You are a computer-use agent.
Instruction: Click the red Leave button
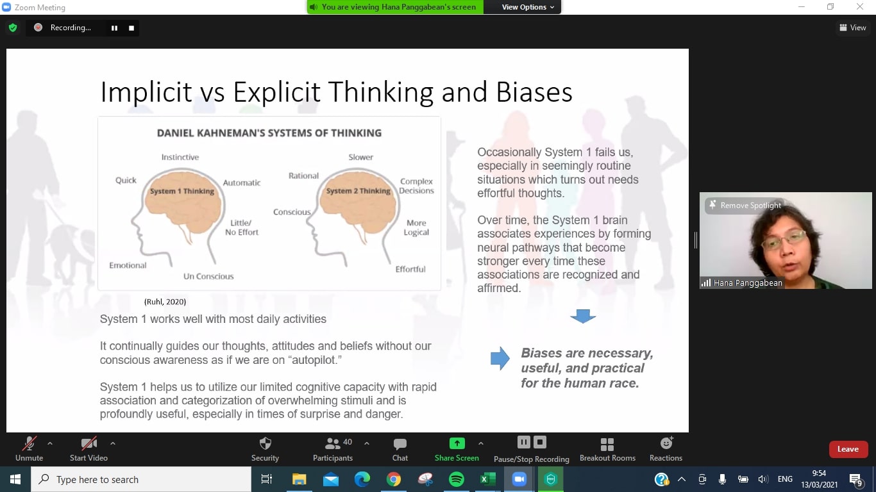(x=848, y=449)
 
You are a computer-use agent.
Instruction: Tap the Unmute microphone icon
(x=29, y=443)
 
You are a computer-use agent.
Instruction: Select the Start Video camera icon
(x=88, y=443)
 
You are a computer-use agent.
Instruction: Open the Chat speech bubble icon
(x=400, y=444)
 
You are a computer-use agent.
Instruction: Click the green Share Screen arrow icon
(x=457, y=443)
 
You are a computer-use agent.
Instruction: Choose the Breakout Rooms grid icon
(x=607, y=444)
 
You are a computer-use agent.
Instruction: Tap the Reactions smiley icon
(x=666, y=443)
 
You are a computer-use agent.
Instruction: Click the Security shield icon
(x=265, y=443)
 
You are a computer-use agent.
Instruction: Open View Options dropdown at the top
(x=528, y=7)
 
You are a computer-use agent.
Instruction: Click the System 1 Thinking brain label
(x=182, y=191)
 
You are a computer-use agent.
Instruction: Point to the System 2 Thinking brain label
(x=358, y=191)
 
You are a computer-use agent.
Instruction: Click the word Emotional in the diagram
(x=128, y=265)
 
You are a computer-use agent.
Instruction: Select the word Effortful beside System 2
(x=410, y=269)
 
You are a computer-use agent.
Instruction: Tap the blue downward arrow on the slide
(x=583, y=316)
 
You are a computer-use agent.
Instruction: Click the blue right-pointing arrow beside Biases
(x=500, y=358)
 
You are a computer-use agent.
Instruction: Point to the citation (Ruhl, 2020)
(x=165, y=302)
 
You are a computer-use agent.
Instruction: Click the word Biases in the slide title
(x=534, y=92)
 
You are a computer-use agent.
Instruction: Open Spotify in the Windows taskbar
(x=457, y=479)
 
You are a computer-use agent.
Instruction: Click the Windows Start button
(x=15, y=479)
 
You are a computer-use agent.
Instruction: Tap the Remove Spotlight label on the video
(x=750, y=206)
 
